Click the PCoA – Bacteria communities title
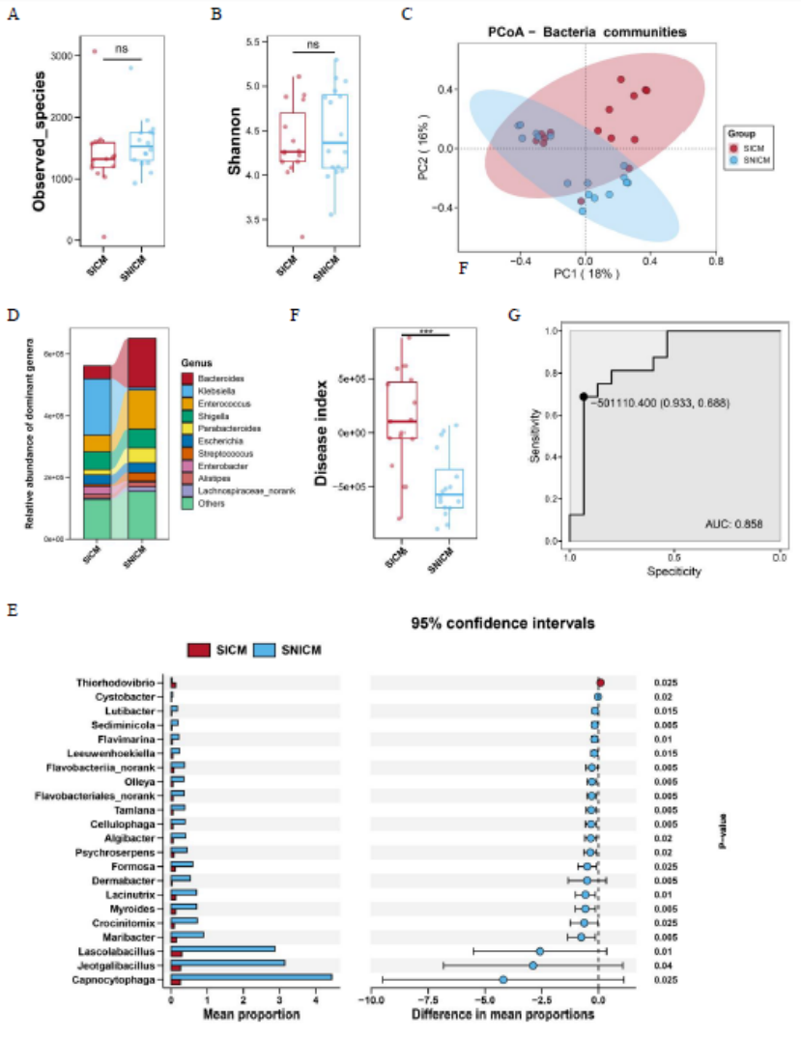586,32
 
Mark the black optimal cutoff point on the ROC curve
583,396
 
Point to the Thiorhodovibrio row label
120,683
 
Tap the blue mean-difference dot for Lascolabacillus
539,951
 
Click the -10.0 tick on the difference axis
370,1000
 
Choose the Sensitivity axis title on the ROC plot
537,435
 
